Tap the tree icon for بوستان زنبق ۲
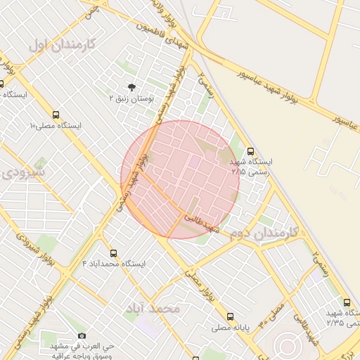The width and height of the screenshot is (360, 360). tap(131, 88)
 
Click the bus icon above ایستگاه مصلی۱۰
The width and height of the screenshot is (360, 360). tap(56, 114)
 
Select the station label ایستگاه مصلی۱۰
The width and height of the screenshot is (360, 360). tap(56, 126)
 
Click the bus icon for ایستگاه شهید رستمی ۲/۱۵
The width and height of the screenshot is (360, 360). tap(251, 150)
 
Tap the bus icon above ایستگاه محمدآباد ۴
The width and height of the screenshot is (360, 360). tap(113, 252)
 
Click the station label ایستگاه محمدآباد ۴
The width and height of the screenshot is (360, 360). tap(113, 264)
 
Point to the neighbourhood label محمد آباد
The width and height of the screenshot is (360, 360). tap(153, 308)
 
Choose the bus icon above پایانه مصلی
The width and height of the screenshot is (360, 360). tap(230, 316)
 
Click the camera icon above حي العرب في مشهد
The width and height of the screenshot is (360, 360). tap(82, 336)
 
